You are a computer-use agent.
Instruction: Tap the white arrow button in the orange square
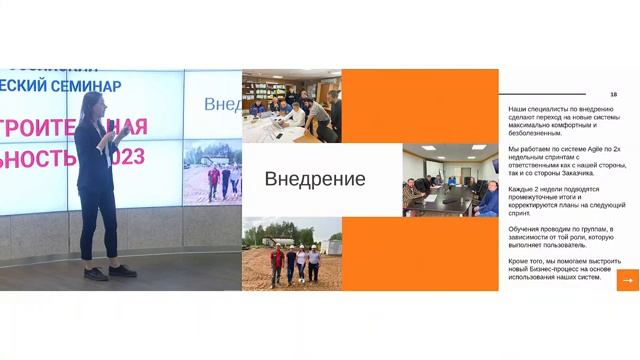pos(628,280)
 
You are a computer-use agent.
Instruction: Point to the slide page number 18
pos(613,94)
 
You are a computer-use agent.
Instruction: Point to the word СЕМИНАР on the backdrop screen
pos(95,87)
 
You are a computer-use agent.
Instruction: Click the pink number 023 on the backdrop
pos(127,157)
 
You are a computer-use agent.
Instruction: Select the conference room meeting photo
pos(450,180)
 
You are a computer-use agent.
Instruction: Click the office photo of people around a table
pos(291,106)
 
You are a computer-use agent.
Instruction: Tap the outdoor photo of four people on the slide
pos(292,254)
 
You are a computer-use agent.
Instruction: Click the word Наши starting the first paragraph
pos(518,107)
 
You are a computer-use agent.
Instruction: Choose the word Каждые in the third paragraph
pos(522,188)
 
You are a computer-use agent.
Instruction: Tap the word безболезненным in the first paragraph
pos(539,132)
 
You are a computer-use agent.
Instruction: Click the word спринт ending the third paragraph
pos(519,213)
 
